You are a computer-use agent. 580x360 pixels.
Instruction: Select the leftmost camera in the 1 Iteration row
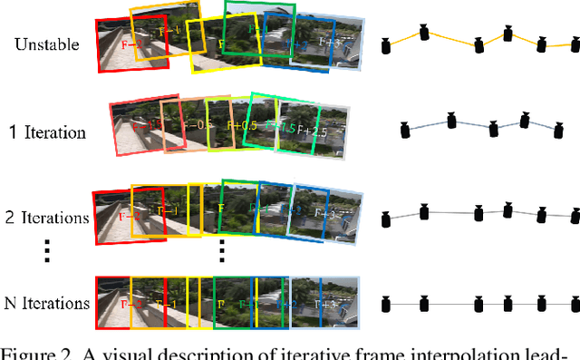(x=406, y=131)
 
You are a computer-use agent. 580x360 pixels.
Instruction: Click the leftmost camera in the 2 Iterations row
(x=387, y=218)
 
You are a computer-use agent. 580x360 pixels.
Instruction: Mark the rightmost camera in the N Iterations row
(x=573, y=302)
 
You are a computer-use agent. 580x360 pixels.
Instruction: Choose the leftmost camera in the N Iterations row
(x=387, y=302)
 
